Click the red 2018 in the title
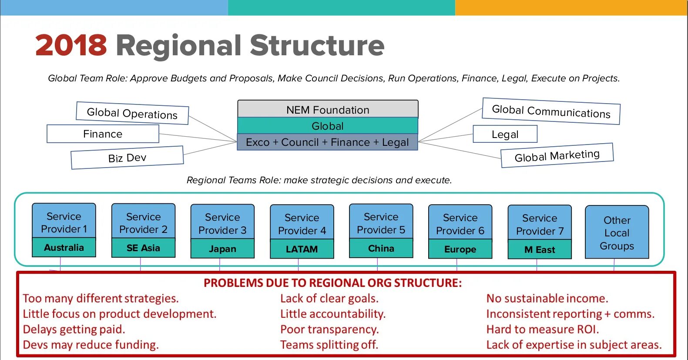click(71, 45)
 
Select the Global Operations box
click(132, 113)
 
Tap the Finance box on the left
click(103, 134)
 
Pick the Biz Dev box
click(127, 158)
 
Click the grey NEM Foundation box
click(328, 109)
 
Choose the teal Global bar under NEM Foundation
click(328, 126)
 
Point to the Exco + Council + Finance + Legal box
click(327, 142)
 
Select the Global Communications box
click(551, 111)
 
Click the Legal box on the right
click(505, 134)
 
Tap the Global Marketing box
click(557, 155)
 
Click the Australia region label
click(64, 247)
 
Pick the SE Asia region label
click(143, 248)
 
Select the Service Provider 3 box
click(222, 223)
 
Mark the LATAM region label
click(302, 249)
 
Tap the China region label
click(381, 248)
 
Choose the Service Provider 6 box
click(460, 224)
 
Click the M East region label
click(540, 249)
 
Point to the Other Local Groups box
click(617, 232)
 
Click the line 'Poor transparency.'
click(329, 330)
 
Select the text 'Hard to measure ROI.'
click(543, 330)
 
